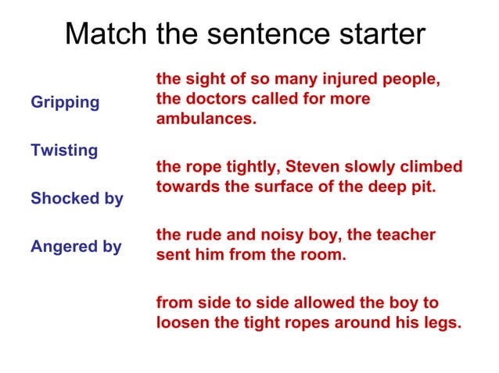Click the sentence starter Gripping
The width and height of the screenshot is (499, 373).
pos(65,103)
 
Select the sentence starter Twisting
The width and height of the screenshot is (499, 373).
pos(64,151)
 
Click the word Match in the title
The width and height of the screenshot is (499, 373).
pos(106,35)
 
